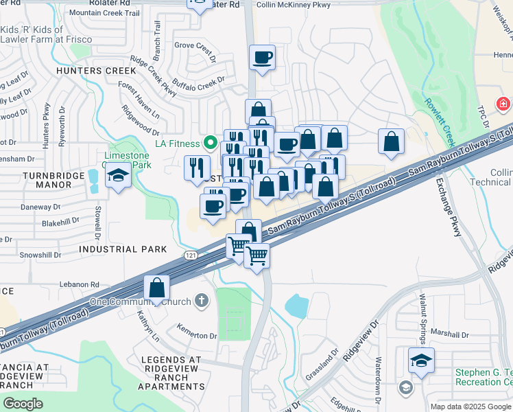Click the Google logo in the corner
(23, 404)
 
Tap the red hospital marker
(504, 104)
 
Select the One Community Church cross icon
(201, 299)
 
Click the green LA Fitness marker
(212, 144)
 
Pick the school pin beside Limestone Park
(118, 177)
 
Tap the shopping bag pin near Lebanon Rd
(157, 288)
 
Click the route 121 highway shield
(191, 255)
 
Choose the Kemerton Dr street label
(197, 336)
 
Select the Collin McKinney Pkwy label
(293, 5)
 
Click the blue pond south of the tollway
(296, 306)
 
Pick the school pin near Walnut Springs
(421, 360)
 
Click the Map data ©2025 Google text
(470, 407)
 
